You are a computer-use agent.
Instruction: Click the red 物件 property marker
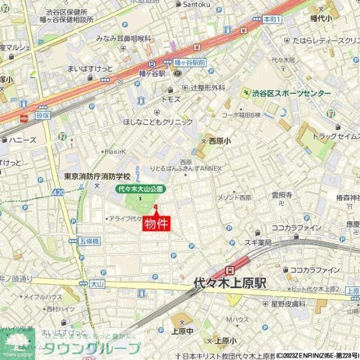tap(156, 223)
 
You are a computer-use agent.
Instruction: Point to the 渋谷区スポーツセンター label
tap(291, 94)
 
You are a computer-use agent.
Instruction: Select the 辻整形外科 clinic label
tap(208, 87)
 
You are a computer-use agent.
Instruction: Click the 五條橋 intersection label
tap(88, 241)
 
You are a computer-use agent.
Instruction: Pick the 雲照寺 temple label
tap(281, 195)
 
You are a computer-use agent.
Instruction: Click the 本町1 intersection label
tap(272, 19)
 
